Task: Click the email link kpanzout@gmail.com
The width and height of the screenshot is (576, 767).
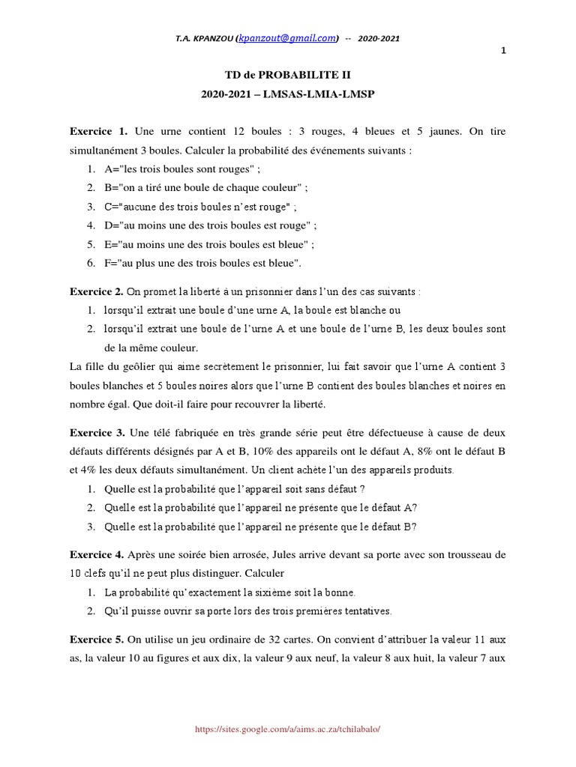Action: tap(286, 39)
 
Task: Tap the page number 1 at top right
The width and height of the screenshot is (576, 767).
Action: tap(503, 51)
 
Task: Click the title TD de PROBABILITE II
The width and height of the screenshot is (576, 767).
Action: tap(288, 75)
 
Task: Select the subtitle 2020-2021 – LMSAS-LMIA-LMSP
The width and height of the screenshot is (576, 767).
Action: tap(288, 94)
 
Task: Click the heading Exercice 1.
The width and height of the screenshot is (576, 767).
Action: tap(99, 132)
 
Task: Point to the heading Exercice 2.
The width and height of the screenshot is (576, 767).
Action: tap(97, 291)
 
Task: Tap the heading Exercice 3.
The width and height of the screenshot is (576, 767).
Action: tap(97, 432)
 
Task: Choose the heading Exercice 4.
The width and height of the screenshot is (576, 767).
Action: tap(97, 555)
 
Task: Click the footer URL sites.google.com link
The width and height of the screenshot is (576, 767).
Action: tap(292, 728)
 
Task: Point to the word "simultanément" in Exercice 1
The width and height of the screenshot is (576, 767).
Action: tap(103, 150)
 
